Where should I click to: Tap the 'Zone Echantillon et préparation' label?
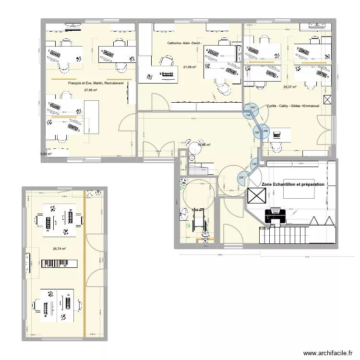point(293,184)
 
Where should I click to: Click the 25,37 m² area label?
point(289,87)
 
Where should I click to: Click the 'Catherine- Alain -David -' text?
point(184,44)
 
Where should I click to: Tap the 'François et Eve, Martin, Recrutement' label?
point(96,84)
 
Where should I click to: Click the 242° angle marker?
point(253,108)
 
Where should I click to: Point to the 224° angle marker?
point(241,179)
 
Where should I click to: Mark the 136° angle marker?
point(254,165)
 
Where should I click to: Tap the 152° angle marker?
point(257,133)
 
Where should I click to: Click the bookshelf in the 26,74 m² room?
point(59,263)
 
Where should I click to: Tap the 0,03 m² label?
point(46,154)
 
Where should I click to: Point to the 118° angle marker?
point(248,116)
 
